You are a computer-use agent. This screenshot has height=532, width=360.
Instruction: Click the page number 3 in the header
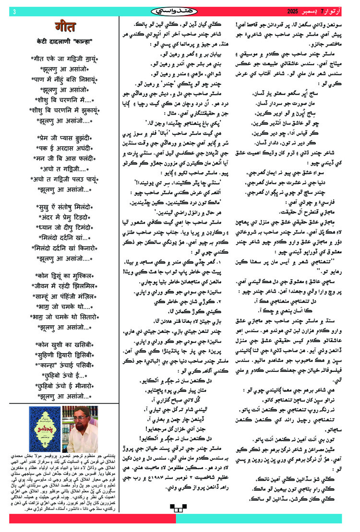(x=14, y=11)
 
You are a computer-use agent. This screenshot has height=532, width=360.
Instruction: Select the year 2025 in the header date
(x=294, y=11)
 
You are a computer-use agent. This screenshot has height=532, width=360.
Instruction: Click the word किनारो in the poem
(x=80, y=249)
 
